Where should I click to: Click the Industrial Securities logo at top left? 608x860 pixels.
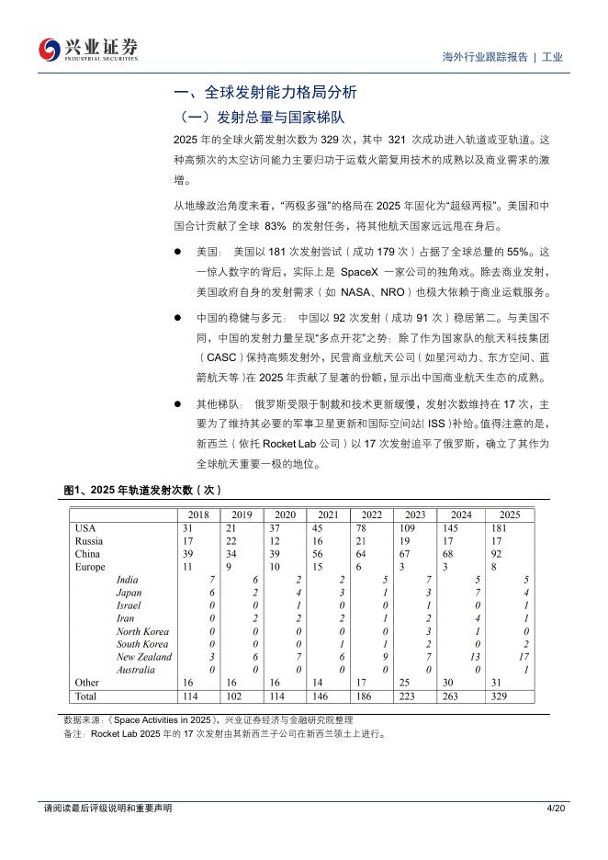pyautogui.click(x=88, y=50)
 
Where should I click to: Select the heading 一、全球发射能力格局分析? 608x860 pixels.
pyautogui.click(x=265, y=93)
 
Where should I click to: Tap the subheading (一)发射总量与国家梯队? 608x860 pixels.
pyautogui.click(x=259, y=117)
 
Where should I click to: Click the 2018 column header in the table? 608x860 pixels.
pyautogui.click(x=197, y=515)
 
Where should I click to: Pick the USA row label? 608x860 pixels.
pyautogui.click(x=85, y=528)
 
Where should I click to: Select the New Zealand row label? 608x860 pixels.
pyautogui.click(x=143, y=657)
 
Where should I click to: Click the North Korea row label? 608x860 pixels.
pyautogui.click(x=142, y=631)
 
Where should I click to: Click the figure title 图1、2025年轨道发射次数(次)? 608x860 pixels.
pyautogui.click(x=142, y=491)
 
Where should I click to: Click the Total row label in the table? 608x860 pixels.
pyautogui.click(x=86, y=696)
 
